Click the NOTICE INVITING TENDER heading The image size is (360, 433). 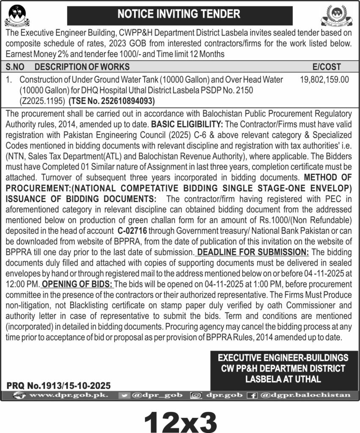[x=179, y=14]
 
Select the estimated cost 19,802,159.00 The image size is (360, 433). [x=324, y=79]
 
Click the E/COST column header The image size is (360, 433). [x=326, y=67]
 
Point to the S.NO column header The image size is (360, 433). [x=16, y=67]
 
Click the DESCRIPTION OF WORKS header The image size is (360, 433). [x=82, y=67]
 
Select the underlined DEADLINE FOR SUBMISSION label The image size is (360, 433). [x=253, y=252]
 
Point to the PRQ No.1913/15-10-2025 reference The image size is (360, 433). [x=58, y=386]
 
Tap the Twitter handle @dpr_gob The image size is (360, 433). [x=156, y=395]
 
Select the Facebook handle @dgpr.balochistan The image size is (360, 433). [x=305, y=395]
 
